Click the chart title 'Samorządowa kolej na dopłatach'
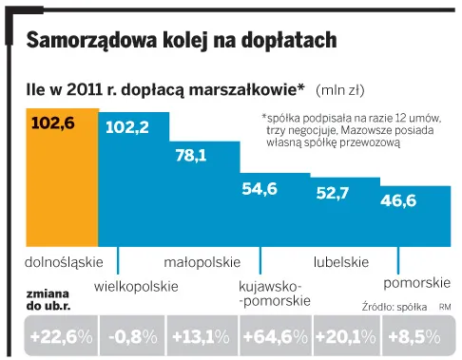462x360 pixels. point(181,41)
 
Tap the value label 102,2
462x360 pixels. point(126,127)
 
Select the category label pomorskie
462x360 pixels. point(416,284)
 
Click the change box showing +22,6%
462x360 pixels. point(60,335)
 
